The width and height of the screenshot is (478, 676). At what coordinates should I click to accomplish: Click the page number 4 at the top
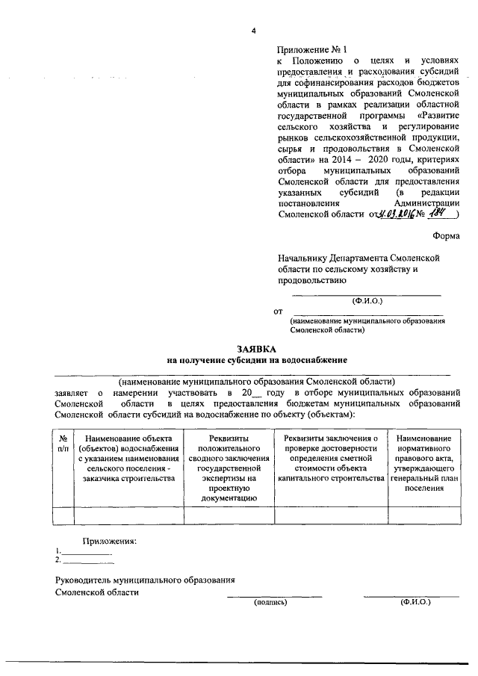(254, 31)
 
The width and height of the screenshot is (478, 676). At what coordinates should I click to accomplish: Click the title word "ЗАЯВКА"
(257, 348)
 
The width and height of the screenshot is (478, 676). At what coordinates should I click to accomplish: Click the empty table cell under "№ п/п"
(63, 515)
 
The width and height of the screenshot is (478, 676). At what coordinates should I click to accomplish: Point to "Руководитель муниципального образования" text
(146, 580)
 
